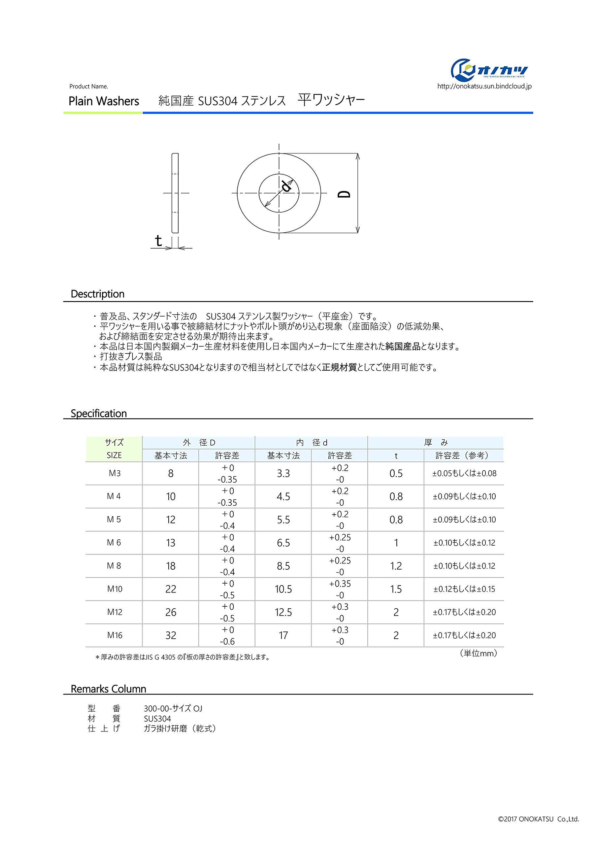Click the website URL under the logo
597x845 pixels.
point(484,86)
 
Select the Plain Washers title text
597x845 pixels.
point(104,101)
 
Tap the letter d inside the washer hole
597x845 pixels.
point(286,186)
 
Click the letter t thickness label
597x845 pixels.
point(159,241)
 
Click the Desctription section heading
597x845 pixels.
point(98,294)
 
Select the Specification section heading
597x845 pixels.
point(99,413)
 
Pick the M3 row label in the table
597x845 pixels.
point(114,473)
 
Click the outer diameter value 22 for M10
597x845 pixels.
point(171,589)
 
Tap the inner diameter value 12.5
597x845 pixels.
point(283,612)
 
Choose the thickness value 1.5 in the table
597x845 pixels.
point(396,589)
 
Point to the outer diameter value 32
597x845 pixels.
point(171,636)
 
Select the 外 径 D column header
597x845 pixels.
point(199,443)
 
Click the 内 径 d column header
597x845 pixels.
point(312,443)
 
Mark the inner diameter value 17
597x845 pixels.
point(283,636)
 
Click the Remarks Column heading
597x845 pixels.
point(108,689)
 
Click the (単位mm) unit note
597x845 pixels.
point(479,653)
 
